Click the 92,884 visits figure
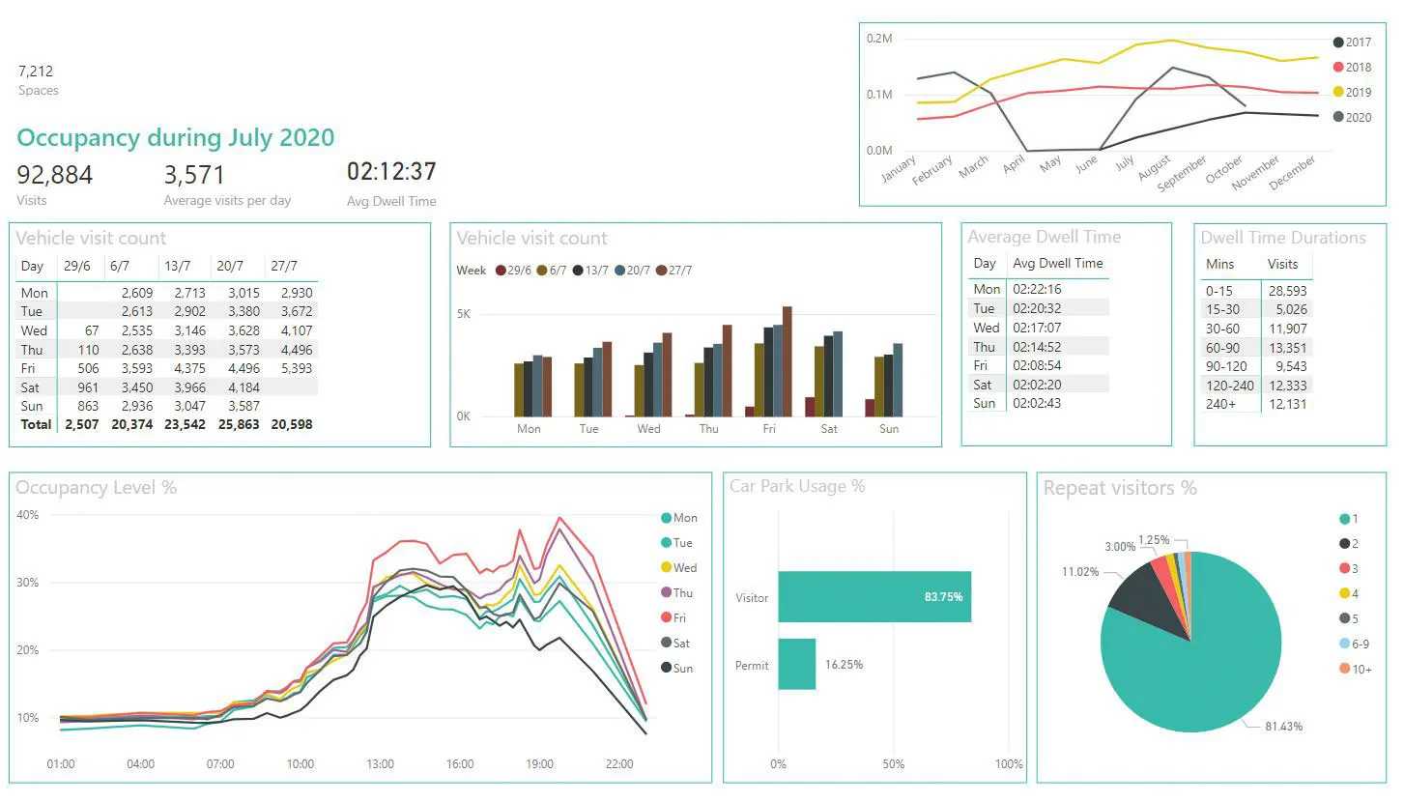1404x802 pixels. [55, 175]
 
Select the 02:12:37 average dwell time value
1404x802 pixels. [391, 172]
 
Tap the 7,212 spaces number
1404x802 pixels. [36, 71]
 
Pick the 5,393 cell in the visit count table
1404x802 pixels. [295, 368]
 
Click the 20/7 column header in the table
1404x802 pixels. [233, 266]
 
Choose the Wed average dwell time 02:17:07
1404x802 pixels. [1037, 328]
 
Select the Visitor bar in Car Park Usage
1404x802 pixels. [874, 597]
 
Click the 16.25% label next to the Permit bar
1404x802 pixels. [844, 665]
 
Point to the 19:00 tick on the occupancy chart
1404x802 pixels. [539, 764]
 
